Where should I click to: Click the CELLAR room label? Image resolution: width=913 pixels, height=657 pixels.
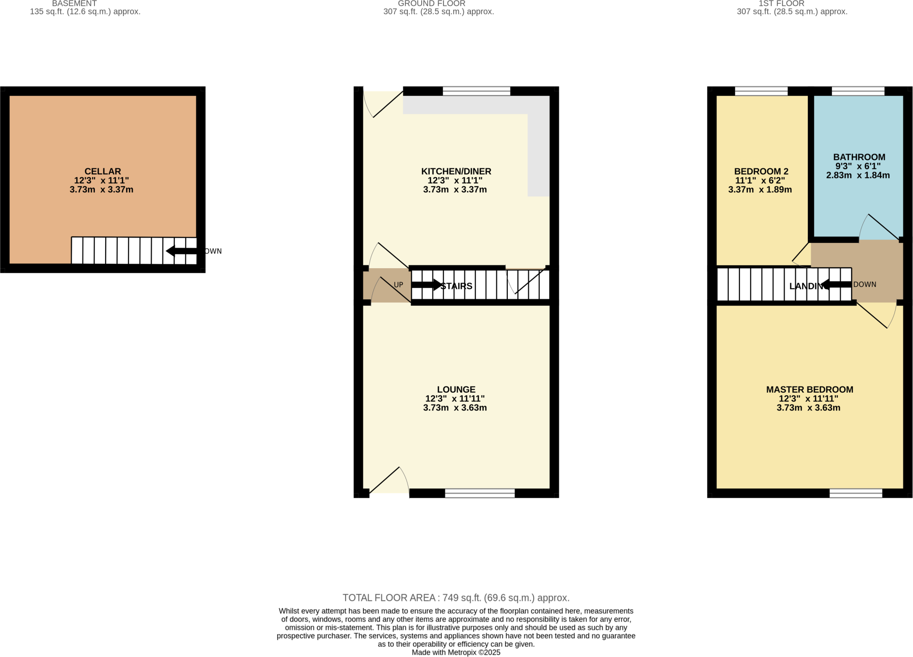[x=103, y=171]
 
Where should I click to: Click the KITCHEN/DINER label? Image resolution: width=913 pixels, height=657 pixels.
[x=456, y=171]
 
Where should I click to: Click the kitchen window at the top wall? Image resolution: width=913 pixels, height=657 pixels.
[x=476, y=91]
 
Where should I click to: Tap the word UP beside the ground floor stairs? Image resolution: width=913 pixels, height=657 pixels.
[x=398, y=285]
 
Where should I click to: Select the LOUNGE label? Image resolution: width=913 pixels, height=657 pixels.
[x=456, y=390]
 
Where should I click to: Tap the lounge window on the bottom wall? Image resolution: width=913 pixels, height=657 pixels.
[x=480, y=493]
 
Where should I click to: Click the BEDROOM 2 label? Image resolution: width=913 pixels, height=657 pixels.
[x=761, y=171]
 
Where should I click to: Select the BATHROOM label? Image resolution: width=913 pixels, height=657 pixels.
[x=859, y=157]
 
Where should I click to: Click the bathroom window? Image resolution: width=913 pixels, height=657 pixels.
[x=858, y=91]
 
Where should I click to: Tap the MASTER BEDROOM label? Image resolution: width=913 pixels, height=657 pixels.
[x=810, y=390]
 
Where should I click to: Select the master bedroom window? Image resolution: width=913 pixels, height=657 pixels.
[x=855, y=493]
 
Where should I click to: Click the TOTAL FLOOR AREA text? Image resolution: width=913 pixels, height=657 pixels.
[x=456, y=598]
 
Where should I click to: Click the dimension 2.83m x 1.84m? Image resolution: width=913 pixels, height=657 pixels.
[x=858, y=175]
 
